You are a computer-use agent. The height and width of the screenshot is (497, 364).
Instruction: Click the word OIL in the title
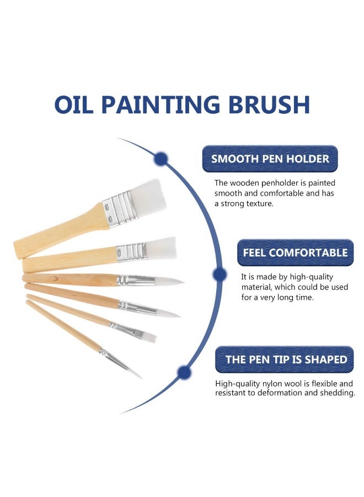[x=79, y=105]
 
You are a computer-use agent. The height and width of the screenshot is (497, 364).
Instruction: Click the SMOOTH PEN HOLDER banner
[x=270, y=159]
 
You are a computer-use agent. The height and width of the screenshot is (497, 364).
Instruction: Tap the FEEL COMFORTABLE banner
[x=295, y=253]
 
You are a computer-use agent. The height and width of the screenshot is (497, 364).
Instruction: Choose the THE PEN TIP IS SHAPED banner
[x=286, y=359]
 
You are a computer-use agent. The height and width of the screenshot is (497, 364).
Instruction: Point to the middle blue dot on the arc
[x=220, y=274]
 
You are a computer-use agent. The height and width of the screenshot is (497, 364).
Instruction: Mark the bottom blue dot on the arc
[x=184, y=372]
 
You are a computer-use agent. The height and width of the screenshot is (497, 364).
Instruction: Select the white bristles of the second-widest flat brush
[x=163, y=248]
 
